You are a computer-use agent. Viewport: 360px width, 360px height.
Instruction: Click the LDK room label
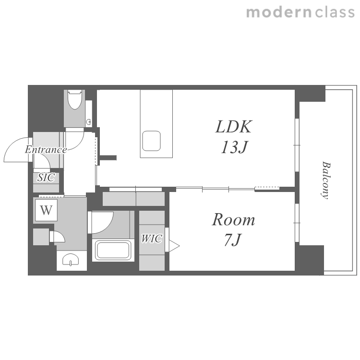click(x=233, y=127)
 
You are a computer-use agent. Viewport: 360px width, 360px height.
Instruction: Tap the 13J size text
click(x=234, y=147)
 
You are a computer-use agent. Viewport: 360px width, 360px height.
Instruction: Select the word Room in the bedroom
click(x=233, y=220)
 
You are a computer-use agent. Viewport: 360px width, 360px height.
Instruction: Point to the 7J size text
click(x=233, y=240)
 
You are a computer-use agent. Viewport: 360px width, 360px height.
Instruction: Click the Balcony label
click(x=325, y=180)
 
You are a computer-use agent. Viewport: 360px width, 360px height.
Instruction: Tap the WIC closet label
click(x=152, y=239)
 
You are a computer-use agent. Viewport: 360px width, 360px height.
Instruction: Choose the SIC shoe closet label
click(x=46, y=177)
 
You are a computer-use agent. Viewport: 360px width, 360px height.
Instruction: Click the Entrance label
click(x=46, y=150)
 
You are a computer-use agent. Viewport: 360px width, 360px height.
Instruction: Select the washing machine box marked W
click(x=46, y=210)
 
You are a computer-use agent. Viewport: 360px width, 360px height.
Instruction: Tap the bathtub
click(x=113, y=250)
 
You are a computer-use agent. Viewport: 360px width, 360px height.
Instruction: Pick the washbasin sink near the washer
click(x=71, y=260)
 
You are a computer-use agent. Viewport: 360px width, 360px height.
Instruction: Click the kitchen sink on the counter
click(x=151, y=141)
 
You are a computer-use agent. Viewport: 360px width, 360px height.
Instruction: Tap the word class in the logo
click(x=335, y=12)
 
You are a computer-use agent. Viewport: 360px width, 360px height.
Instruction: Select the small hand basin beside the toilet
click(x=89, y=122)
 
